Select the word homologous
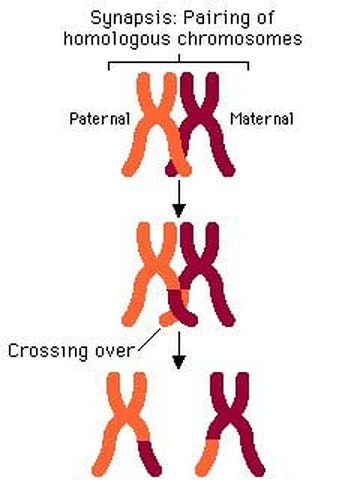click(x=117, y=39)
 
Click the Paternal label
click(x=100, y=119)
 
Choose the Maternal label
click(x=262, y=119)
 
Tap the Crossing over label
click(x=71, y=351)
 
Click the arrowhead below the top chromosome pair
click(x=179, y=210)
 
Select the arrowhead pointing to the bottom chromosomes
click(x=179, y=362)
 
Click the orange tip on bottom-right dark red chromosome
click(x=207, y=458)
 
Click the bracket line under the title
click(x=179, y=62)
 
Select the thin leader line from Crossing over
click(x=149, y=340)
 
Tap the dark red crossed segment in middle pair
click(x=181, y=309)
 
